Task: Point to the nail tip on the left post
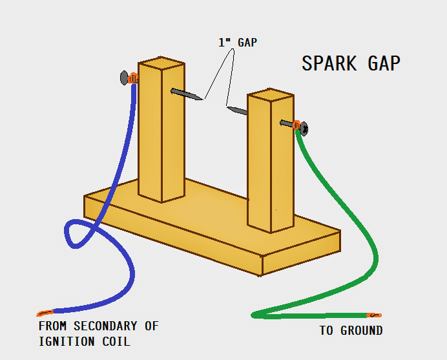click(x=202, y=99)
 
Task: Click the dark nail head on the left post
click(x=123, y=78)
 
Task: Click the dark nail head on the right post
click(x=304, y=129)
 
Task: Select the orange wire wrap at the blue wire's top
click(x=133, y=79)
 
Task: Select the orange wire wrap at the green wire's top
click(x=296, y=125)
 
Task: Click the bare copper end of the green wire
click(x=374, y=315)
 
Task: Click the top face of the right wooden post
click(x=269, y=96)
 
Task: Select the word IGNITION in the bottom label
click(x=65, y=341)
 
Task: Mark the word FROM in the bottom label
click(x=52, y=326)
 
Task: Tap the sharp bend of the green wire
click(x=255, y=315)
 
